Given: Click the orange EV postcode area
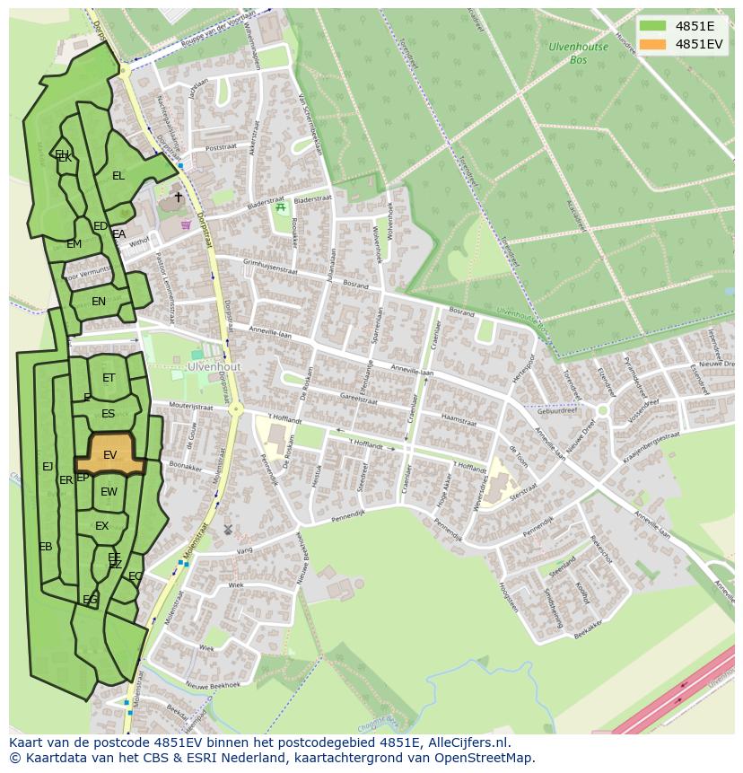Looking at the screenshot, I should click(x=109, y=454).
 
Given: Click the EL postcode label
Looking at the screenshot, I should click(x=118, y=176).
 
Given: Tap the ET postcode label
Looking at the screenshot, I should click(x=109, y=378).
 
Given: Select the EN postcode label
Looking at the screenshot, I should click(x=99, y=302).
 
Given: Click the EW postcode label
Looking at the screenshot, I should click(x=109, y=492).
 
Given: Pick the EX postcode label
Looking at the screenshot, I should click(x=101, y=526).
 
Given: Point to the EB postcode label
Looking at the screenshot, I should click(x=45, y=547).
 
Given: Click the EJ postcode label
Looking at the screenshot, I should click(x=48, y=466).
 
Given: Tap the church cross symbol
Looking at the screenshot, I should click(x=178, y=197).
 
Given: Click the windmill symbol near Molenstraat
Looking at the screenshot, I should click(x=227, y=530).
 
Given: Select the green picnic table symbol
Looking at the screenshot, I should click(x=281, y=207).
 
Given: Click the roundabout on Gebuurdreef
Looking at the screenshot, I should click(x=602, y=409).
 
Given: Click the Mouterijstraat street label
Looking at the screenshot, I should click(x=189, y=406).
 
